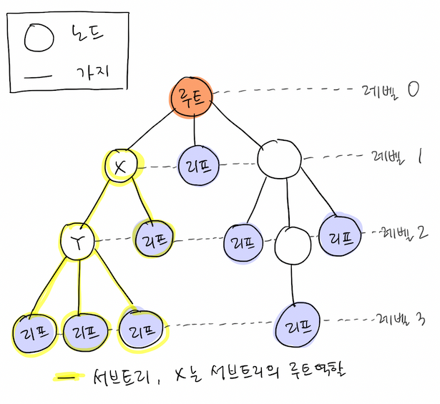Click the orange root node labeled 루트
192,99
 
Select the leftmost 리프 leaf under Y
33,331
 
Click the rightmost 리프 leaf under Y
140,330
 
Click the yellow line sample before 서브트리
67,376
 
